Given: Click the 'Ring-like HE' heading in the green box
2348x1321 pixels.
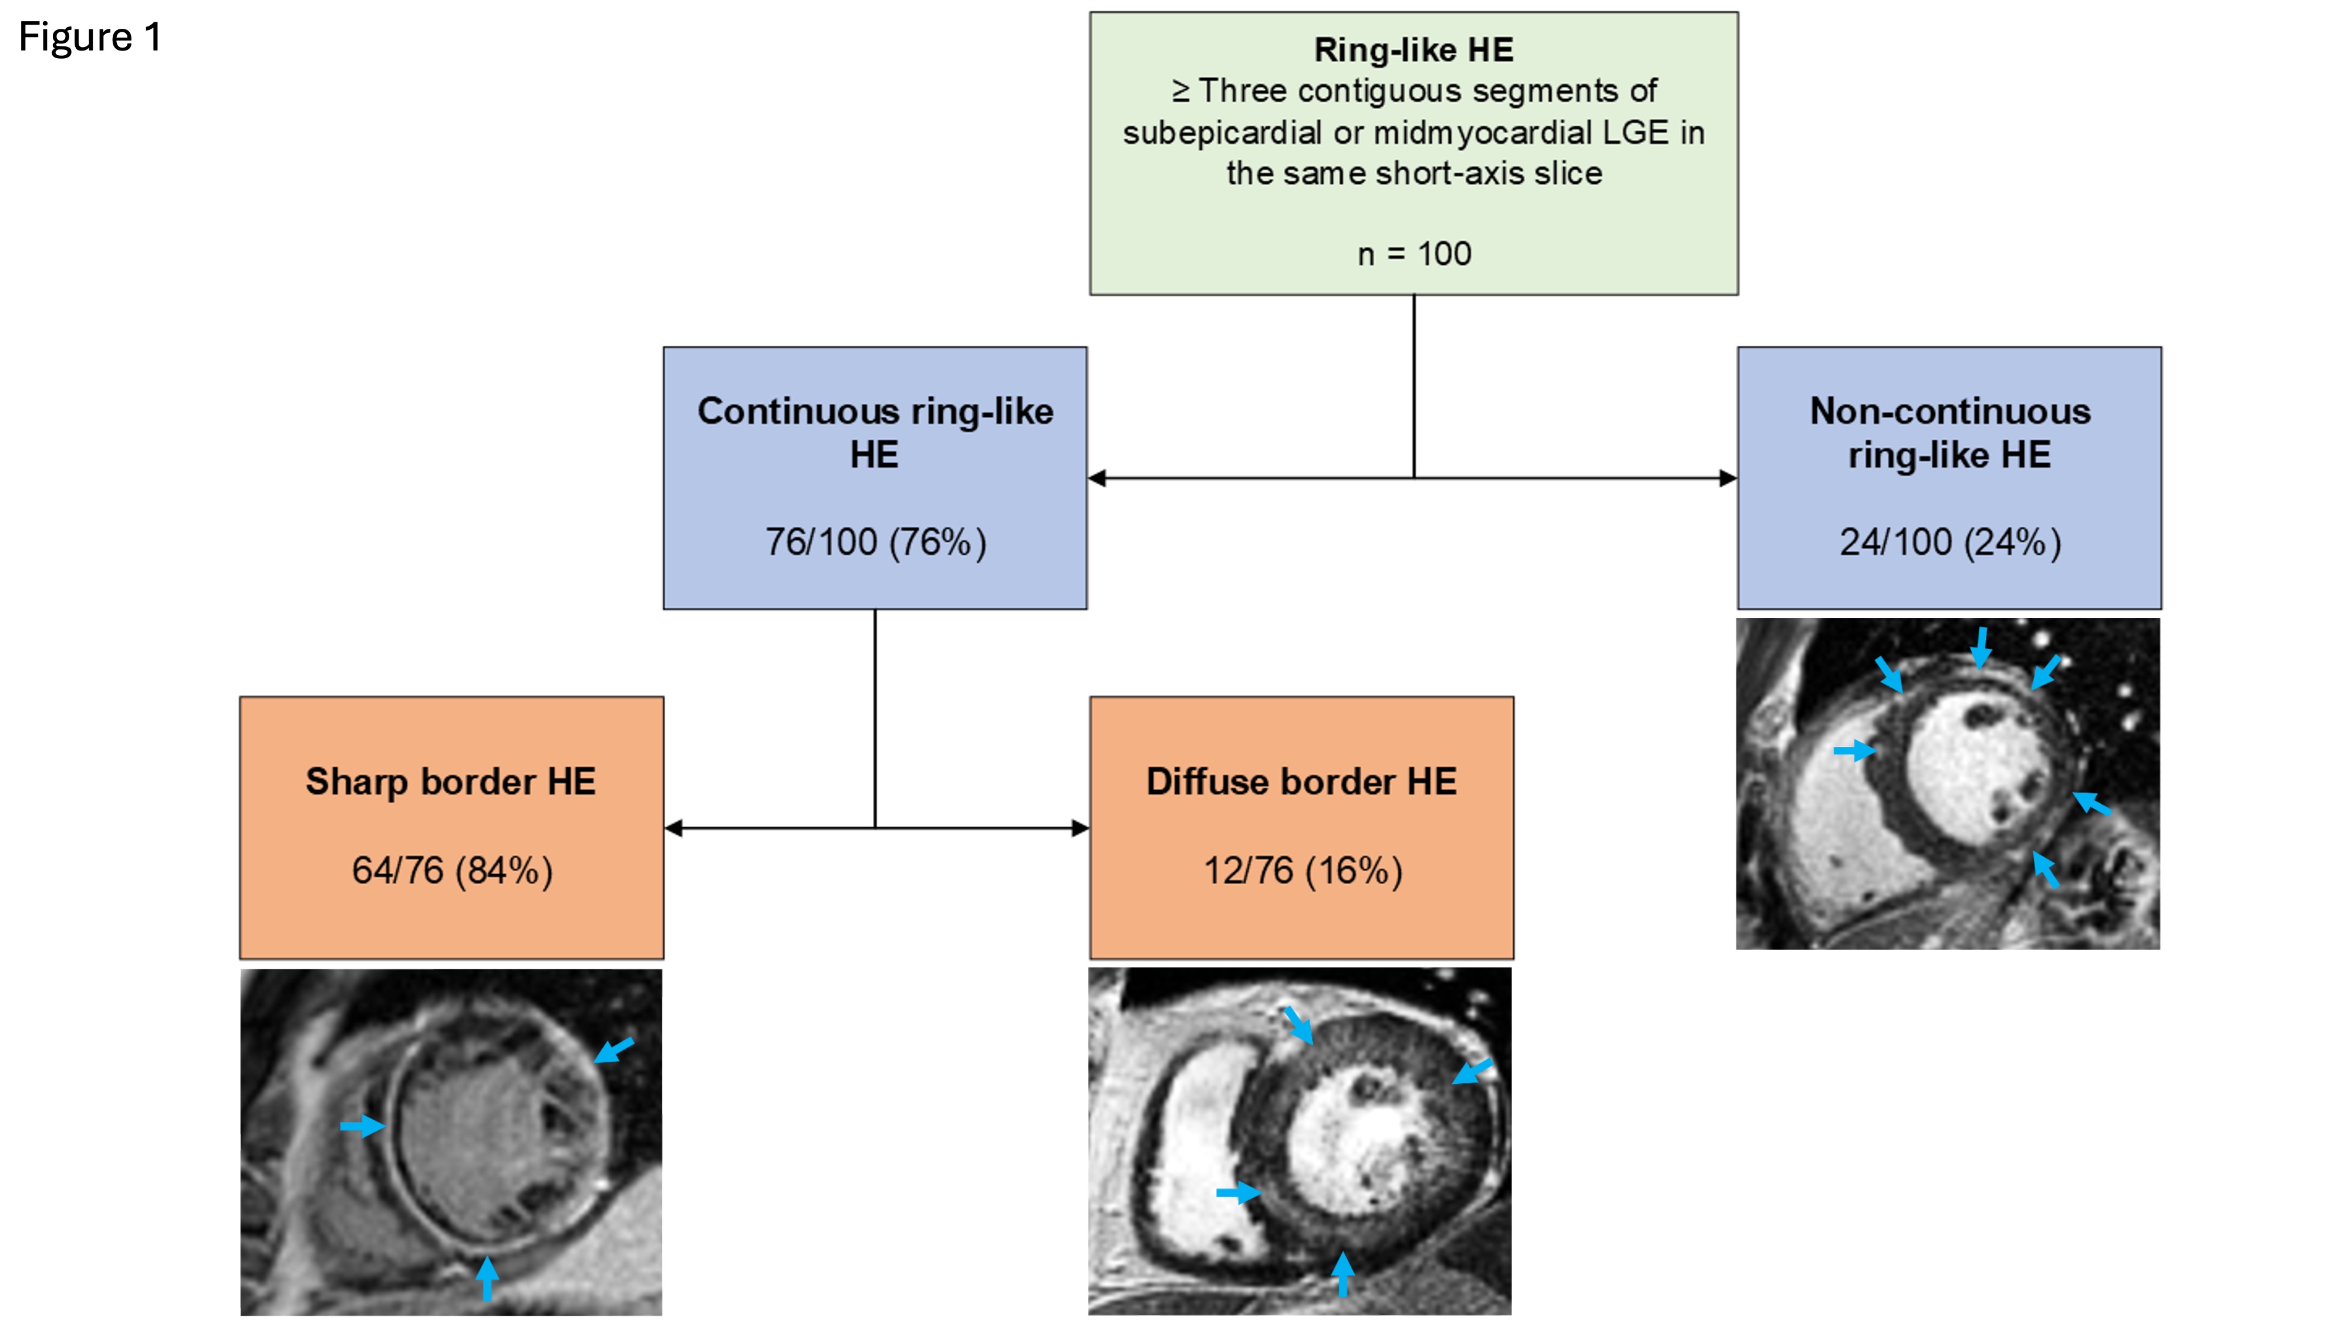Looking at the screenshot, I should pyautogui.click(x=1413, y=50).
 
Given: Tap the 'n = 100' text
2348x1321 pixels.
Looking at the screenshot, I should pyautogui.click(x=1413, y=254).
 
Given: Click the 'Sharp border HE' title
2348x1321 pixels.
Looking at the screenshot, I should pyautogui.click(x=450, y=781).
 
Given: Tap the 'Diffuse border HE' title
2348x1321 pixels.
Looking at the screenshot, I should pyautogui.click(x=1301, y=781).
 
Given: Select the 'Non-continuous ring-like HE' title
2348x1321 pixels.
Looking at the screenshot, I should pyautogui.click(x=1949, y=433).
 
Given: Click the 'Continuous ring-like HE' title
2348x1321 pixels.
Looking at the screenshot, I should pyautogui.click(x=875, y=433).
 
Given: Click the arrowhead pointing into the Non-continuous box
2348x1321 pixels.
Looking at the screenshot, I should pyautogui.click(x=1728, y=478).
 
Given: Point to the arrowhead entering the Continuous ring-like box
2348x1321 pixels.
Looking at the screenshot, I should pyautogui.click(x=1098, y=478).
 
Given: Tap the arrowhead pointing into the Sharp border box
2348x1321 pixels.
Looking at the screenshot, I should pyautogui.click(x=674, y=828).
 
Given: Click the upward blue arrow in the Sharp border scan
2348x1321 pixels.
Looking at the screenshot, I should pyautogui.click(x=488, y=1276).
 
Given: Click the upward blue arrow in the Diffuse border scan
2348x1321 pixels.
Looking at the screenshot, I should pyautogui.click(x=1342, y=1273).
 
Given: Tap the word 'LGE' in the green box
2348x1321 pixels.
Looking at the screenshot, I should pyautogui.click(x=1635, y=133).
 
